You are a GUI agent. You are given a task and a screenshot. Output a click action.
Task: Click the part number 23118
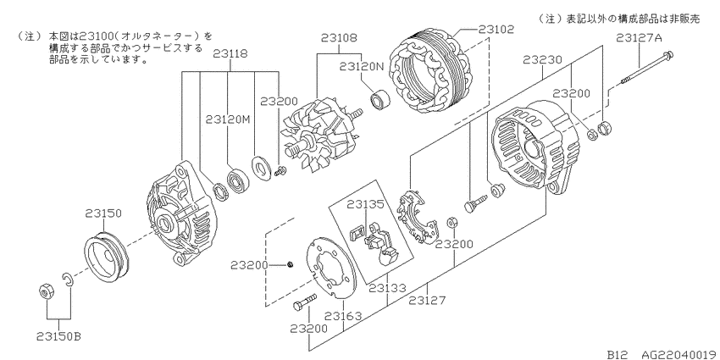(x=230, y=53)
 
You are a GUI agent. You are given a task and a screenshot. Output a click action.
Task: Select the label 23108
(x=339, y=37)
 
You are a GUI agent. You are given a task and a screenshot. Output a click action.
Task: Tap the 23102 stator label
(x=496, y=29)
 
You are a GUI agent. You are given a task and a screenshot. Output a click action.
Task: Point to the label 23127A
(x=640, y=38)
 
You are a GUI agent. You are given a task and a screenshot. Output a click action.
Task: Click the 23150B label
(x=58, y=336)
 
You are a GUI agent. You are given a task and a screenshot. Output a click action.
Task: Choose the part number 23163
(x=343, y=316)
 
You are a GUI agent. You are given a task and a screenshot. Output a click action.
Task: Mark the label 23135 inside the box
(x=364, y=204)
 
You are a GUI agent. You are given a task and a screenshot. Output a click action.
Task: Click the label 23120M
(x=227, y=119)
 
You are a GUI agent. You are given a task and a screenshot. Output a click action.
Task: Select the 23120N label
(x=362, y=67)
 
